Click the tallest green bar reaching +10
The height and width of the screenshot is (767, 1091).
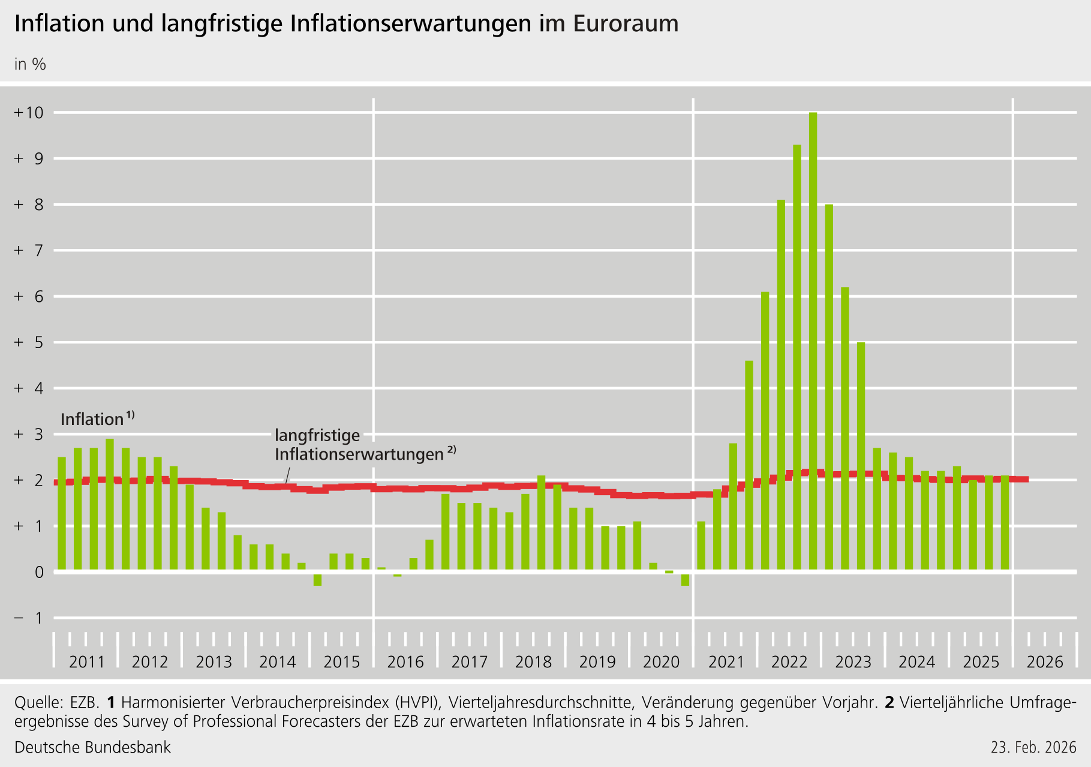pyautogui.click(x=813, y=342)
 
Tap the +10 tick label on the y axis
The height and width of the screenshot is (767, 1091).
pyautogui.click(x=29, y=113)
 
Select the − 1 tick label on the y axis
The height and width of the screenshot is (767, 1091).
pyautogui.click(x=29, y=618)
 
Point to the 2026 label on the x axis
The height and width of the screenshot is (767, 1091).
pyautogui.click(x=1045, y=662)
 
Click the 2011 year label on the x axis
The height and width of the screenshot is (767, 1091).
pyautogui.click(x=87, y=662)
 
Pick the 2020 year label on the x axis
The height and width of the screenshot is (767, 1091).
pyautogui.click(x=661, y=662)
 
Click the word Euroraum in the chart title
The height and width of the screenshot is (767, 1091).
pyautogui.click(x=626, y=24)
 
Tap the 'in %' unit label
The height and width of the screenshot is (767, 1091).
pyautogui.click(x=30, y=64)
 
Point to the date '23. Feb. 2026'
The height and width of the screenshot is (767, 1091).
pyautogui.click(x=1033, y=747)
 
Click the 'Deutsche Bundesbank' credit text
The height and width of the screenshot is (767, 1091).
pyautogui.click(x=92, y=747)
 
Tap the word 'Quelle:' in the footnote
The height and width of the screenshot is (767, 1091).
pyautogui.click(x=38, y=702)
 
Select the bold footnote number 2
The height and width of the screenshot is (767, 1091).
pyautogui.click(x=889, y=702)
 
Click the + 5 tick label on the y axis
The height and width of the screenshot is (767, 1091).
pyautogui.click(x=29, y=343)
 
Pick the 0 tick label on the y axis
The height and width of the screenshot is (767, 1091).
pyautogui.click(x=39, y=573)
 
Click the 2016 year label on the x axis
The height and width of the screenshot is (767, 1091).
pyautogui.click(x=405, y=662)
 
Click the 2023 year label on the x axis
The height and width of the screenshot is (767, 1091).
pyautogui.click(x=853, y=662)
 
